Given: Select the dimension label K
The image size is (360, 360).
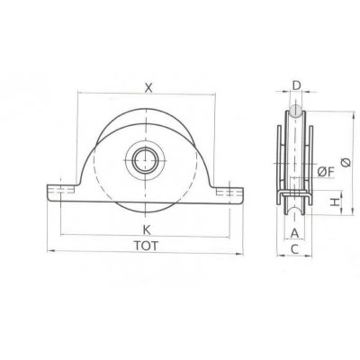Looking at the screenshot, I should [x=146, y=229].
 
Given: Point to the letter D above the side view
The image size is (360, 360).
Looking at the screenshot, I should [x=295, y=86].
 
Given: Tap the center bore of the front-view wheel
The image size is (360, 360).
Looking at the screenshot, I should [x=144, y=162].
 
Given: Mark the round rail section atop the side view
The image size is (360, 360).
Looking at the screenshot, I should [x=295, y=112].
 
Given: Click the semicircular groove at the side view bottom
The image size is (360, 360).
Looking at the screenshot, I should [x=295, y=211].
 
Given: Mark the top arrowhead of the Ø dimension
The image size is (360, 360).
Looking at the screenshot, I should [x=342, y=114].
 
